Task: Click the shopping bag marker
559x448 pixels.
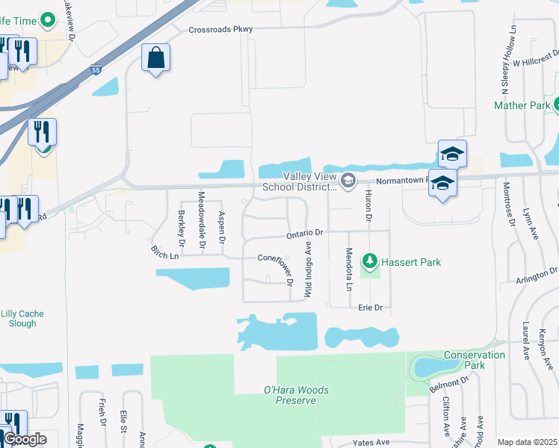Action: (x=155, y=57)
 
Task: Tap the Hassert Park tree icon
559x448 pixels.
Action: (x=369, y=262)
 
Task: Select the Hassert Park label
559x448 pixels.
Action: (x=410, y=262)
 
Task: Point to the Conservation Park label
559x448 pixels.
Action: (x=475, y=360)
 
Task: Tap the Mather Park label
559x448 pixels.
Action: (x=522, y=105)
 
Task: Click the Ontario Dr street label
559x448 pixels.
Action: (x=304, y=234)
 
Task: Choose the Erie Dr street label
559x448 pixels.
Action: (x=370, y=307)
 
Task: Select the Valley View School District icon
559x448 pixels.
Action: (x=348, y=180)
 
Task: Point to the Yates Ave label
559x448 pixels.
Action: (x=372, y=442)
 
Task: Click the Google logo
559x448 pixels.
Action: (x=24, y=439)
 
